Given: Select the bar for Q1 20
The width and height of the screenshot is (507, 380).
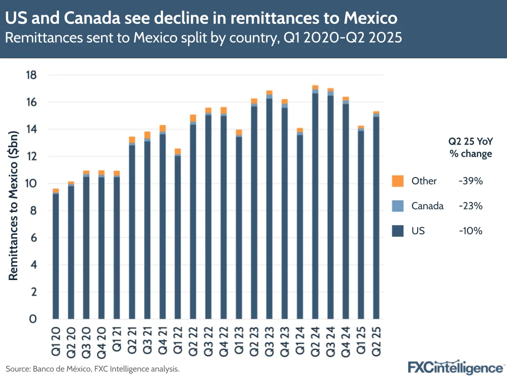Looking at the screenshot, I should (x=56, y=254).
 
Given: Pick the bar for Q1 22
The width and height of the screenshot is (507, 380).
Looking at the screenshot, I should (x=178, y=233).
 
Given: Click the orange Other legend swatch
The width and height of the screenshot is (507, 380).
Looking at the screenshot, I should (x=398, y=181).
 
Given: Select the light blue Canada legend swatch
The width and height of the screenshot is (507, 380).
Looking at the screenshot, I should (x=398, y=206).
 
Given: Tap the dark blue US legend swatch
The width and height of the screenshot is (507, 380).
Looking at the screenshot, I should (x=398, y=231).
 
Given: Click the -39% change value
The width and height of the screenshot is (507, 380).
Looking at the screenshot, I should (x=470, y=181).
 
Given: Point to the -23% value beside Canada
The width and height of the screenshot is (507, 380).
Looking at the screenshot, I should (x=470, y=206).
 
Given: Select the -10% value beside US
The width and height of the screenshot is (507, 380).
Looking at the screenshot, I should (x=470, y=231).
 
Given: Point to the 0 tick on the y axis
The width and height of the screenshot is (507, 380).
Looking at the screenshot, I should (x=33, y=319).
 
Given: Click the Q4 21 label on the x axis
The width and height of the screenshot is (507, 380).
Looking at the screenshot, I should (x=162, y=340).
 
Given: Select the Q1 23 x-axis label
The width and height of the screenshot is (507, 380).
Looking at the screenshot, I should (x=239, y=340).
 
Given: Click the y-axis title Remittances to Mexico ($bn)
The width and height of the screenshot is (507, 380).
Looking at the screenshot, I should (x=14, y=203).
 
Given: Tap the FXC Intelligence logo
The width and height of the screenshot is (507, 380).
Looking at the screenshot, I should (x=455, y=367).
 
